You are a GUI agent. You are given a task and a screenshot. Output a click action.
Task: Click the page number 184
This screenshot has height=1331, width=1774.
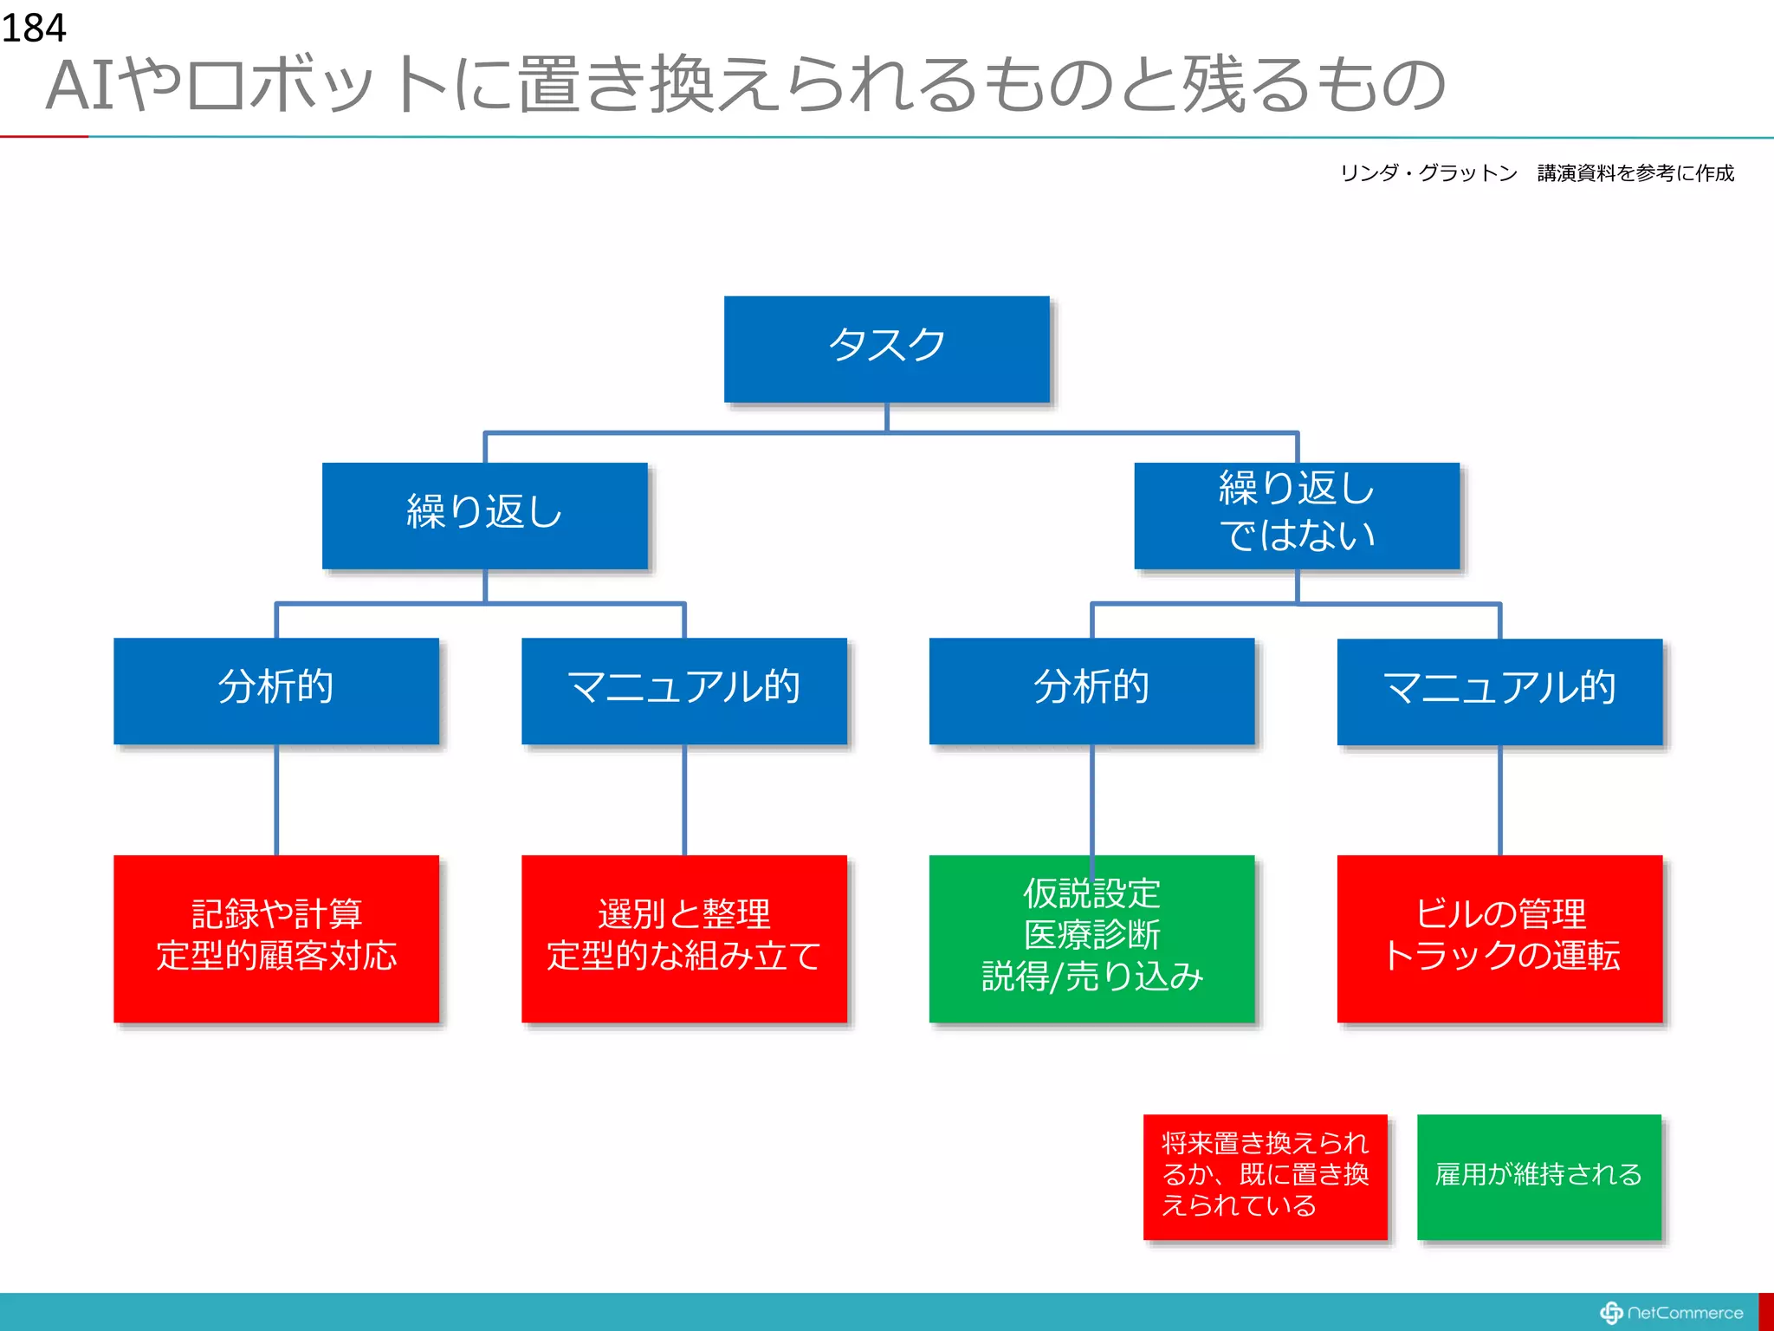33,28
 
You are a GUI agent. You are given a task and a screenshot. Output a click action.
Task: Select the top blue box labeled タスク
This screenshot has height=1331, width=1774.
886,349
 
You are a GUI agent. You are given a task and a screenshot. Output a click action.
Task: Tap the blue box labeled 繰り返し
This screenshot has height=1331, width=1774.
484,516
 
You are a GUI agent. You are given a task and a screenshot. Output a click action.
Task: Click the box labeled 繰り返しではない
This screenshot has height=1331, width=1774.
1297,516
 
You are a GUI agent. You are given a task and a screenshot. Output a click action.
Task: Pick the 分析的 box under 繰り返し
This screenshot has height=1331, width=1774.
275,691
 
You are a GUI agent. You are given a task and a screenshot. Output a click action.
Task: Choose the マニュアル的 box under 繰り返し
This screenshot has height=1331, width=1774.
683,691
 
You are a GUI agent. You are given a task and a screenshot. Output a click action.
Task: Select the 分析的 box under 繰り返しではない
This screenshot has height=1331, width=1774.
1091,691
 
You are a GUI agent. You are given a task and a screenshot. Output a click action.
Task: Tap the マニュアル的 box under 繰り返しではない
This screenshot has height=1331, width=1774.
1499,691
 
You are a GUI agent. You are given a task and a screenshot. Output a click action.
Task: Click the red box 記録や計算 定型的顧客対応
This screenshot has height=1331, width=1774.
275,938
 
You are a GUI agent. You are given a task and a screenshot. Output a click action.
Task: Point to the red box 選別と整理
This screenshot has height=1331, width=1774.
683,938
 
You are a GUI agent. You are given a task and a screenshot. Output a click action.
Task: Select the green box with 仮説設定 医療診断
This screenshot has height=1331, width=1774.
1091,938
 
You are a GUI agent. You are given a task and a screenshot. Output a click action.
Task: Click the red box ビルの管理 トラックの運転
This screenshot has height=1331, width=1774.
1499,938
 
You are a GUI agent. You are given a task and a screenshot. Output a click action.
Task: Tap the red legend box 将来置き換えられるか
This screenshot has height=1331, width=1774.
1265,1177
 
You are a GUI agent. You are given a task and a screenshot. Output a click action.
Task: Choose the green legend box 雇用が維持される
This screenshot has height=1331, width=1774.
1538,1177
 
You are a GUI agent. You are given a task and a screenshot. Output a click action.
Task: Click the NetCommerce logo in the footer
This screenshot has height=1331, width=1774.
1672,1313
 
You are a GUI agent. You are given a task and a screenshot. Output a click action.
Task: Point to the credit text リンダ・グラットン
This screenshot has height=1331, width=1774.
1428,173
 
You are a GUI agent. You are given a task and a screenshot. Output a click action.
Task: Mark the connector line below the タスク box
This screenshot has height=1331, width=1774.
887,419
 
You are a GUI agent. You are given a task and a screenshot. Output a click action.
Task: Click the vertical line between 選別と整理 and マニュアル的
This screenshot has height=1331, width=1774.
684,800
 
